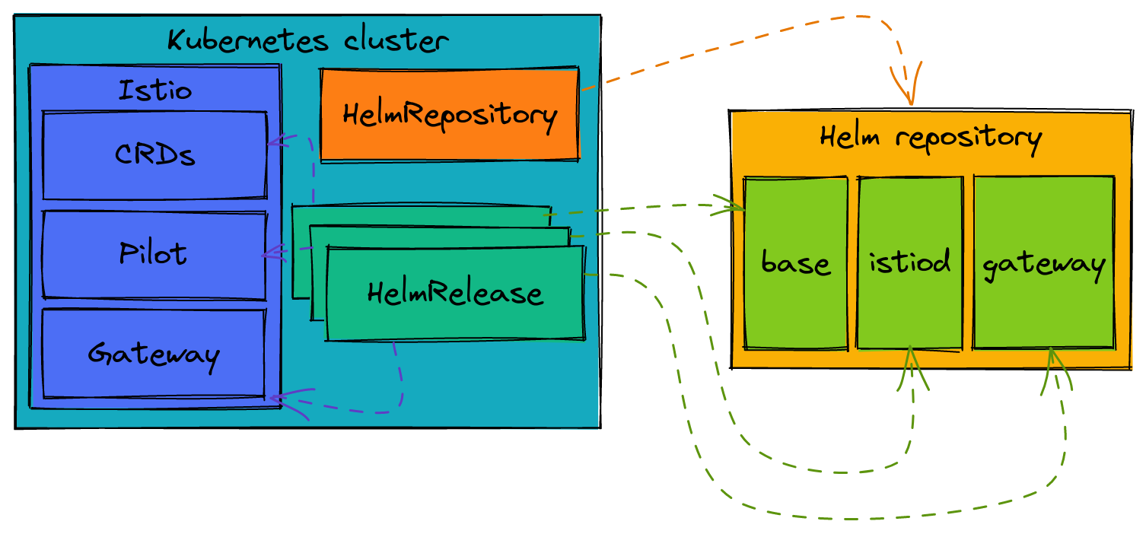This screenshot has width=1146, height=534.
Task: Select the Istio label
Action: (155, 91)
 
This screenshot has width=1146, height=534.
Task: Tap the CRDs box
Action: (154, 155)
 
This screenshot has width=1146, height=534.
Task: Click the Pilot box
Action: (154, 254)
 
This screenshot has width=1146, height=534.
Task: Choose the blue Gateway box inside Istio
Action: (154, 354)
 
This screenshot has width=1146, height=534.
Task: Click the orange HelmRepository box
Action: (450, 115)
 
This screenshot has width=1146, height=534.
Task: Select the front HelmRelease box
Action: (455, 294)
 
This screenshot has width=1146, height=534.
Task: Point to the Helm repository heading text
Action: (930, 138)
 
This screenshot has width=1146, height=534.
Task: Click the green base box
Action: (795, 264)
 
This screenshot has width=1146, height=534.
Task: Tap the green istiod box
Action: (910, 262)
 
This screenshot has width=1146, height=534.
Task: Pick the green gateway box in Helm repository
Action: (1043, 264)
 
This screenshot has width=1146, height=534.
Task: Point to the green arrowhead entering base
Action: (732, 206)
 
